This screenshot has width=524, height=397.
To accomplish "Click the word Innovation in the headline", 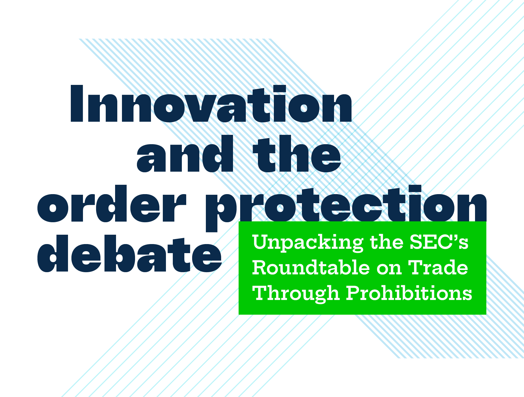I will click(x=211, y=104).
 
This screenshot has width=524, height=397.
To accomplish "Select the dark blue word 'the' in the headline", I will click(x=297, y=154).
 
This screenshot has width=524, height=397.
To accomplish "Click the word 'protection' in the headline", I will click(x=346, y=206).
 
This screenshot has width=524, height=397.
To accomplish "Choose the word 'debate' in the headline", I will click(x=129, y=254).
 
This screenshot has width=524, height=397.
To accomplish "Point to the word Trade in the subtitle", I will click(x=439, y=268).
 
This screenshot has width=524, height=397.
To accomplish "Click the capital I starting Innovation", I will click(x=77, y=104).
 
